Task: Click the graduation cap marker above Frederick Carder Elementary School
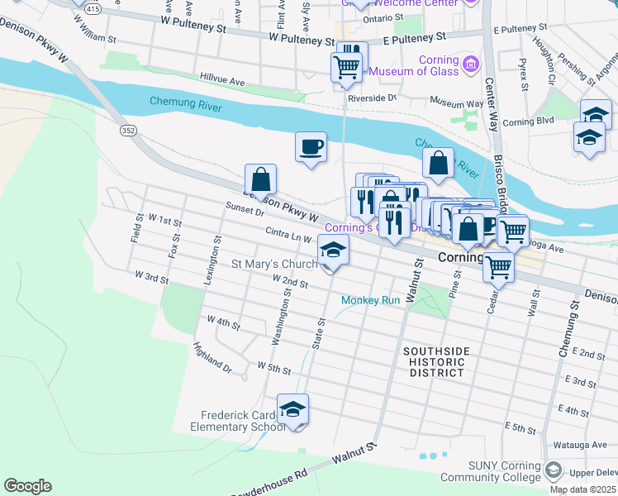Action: pos(292,409)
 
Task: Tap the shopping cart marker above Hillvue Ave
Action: pos(346,67)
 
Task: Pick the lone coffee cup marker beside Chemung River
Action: pos(311,147)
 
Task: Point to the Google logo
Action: pos(27,486)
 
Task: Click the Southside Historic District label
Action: pos(436,362)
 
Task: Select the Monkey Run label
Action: pos(370,300)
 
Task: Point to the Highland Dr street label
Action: pos(212,356)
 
